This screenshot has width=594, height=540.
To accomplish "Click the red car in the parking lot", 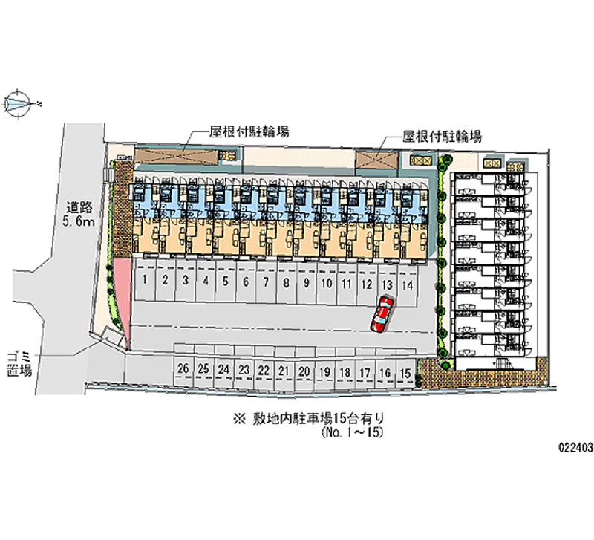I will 382,313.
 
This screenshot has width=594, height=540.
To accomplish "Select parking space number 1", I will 145,282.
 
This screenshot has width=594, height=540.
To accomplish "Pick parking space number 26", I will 183,369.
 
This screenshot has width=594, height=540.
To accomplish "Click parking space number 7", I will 266,282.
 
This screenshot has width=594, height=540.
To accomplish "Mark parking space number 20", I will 303,371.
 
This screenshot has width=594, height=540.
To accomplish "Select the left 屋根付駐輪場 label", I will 249,132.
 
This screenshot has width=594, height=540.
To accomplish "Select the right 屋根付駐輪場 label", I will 443,137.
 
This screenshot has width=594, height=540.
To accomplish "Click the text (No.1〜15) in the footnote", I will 353,432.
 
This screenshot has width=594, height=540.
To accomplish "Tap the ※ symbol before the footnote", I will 238,419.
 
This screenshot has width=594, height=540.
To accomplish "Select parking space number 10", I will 326,283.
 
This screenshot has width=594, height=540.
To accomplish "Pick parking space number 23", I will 243,370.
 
